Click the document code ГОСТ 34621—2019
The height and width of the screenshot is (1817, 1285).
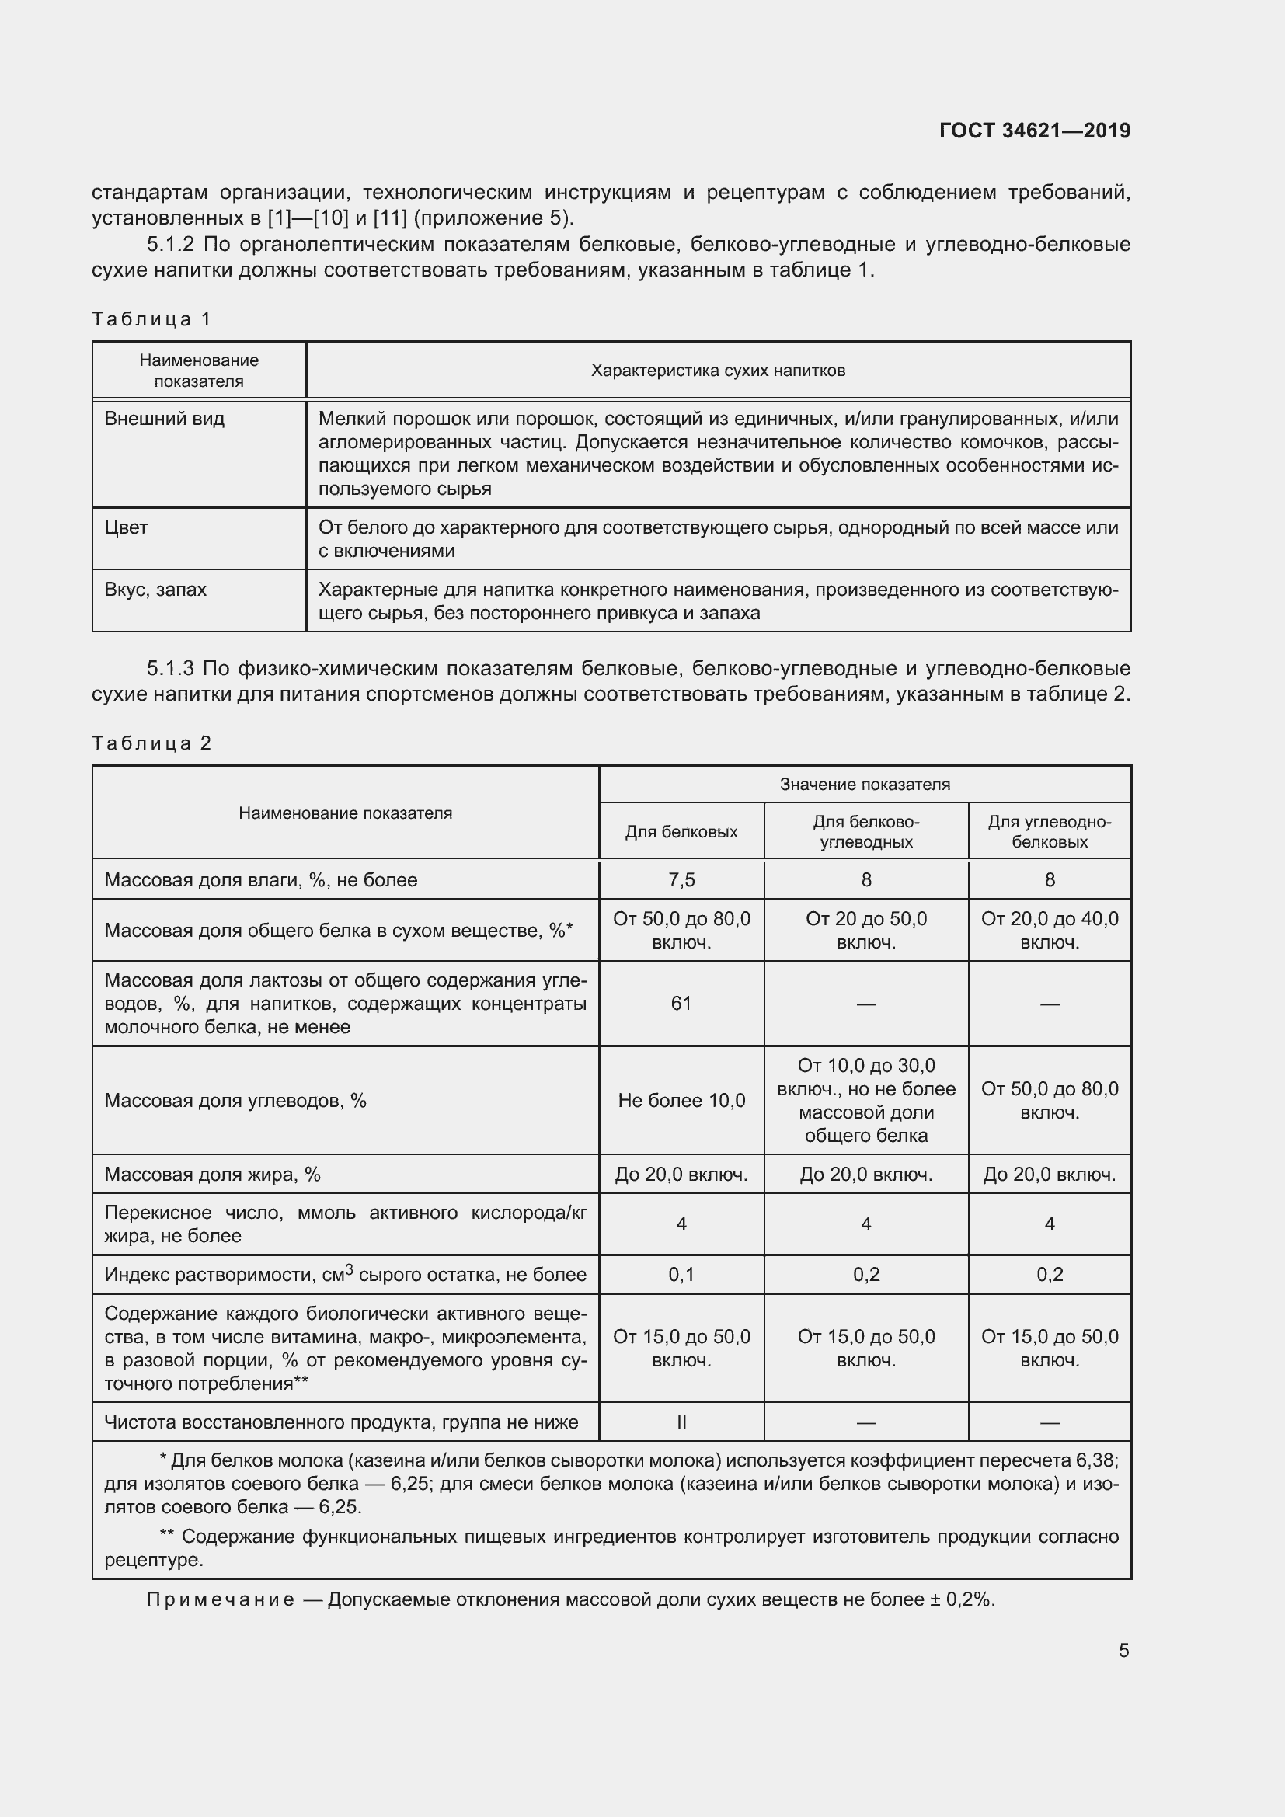pos(1034,131)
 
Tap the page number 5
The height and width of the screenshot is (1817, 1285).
pos(1123,1650)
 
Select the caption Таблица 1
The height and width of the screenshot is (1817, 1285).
pos(151,319)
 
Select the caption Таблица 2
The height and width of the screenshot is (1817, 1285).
pos(151,743)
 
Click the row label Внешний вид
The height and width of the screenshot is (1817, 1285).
pos(165,419)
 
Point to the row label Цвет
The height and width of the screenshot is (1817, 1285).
pos(126,527)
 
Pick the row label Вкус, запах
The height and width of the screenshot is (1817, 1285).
pos(155,590)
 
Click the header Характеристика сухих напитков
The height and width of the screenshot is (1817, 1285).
pos(718,371)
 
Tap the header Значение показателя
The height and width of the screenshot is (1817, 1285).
pos(864,785)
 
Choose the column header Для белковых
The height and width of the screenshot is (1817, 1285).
pos(681,832)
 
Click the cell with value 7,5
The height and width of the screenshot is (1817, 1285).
pos(681,880)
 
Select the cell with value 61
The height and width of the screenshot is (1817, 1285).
pos(681,1004)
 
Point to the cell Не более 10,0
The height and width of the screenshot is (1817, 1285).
pos(681,1101)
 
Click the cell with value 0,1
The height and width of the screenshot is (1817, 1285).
pos(681,1275)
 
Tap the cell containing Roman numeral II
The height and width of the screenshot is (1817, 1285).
pos(681,1422)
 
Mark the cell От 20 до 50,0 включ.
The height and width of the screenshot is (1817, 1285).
pos(865,930)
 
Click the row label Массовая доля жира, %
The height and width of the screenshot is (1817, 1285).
pos(212,1175)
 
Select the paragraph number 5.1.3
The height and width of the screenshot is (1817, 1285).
pos(170,669)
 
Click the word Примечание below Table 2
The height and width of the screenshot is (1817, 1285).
pos(220,1599)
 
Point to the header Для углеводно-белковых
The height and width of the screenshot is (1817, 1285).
pos(1049,832)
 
